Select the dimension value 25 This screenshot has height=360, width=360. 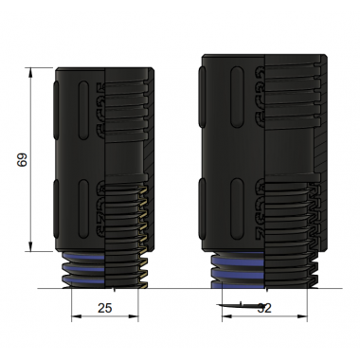pyautogui.click(x=105, y=309)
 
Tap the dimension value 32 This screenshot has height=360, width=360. pyautogui.click(x=264, y=308)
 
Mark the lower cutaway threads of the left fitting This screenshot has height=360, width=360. pyautogui.click(x=123, y=223)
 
